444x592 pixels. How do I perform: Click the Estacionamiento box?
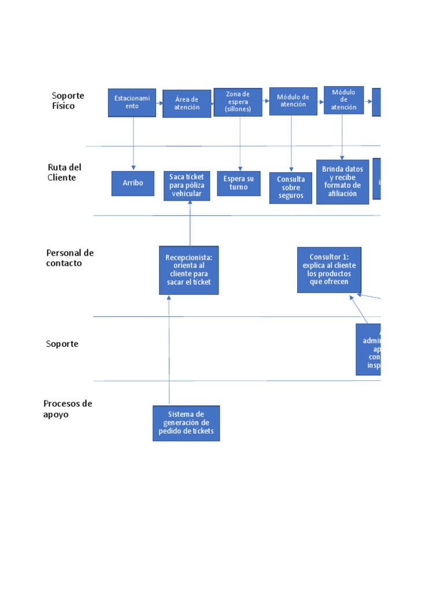(x=132, y=102)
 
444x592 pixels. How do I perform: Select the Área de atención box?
(x=187, y=103)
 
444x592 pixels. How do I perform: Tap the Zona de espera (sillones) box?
(x=238, y=102)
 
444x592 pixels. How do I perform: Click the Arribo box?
(x=133, y=183)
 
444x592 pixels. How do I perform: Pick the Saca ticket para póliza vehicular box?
(x=186, y=185)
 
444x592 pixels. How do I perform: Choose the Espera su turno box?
(x=239, y=183)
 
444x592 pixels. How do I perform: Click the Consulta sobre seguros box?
(x=291, y=187)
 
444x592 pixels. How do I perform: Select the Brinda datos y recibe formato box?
(x=342, y=181)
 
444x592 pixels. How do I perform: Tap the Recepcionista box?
(x=189, y=270)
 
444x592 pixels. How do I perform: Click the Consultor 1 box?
(x=329, y=269)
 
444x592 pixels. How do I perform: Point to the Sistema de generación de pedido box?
(x=186, y=423)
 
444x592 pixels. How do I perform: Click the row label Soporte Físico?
(x=68, y=101)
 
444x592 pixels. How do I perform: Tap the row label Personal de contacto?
(x=69, y=258)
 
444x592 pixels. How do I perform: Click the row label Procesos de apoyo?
(x=68, y=409)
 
